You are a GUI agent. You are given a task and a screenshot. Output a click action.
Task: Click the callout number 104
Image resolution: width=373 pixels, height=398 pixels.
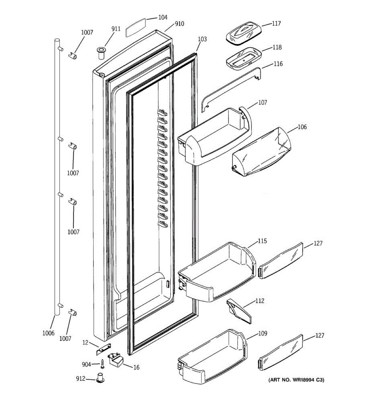[x=162, y=17]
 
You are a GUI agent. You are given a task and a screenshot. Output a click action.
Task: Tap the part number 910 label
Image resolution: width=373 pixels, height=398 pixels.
[x=179, y=24]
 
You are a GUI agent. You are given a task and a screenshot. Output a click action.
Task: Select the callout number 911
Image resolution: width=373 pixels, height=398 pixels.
[x=116, y=29]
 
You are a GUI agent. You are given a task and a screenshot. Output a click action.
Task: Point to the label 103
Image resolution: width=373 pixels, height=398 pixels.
[x=202, y=39]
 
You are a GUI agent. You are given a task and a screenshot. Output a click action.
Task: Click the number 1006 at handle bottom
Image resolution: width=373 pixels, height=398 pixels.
[x=48, y=333]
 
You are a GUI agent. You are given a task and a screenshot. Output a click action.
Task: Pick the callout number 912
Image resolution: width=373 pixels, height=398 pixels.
[x=81, y=379]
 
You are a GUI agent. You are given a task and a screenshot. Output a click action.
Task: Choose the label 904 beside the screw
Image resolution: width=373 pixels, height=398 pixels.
[x=86, y=365]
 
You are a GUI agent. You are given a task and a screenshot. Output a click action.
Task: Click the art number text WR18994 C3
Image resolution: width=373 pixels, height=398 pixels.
[x=296, y=380]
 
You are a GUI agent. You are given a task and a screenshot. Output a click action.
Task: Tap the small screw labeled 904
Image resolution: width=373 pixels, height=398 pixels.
[x=102, y=364]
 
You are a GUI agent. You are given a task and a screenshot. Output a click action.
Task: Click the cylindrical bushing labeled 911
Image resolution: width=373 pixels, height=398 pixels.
[x=100, y=53]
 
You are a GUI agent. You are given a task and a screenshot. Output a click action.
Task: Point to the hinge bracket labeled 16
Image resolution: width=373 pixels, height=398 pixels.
[x=116, y=359]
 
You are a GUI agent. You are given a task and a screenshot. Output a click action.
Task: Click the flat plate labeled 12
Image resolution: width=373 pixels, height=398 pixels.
[x=103, y=347]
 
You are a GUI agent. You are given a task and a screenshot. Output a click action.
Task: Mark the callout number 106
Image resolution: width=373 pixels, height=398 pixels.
[x=302, y=127]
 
